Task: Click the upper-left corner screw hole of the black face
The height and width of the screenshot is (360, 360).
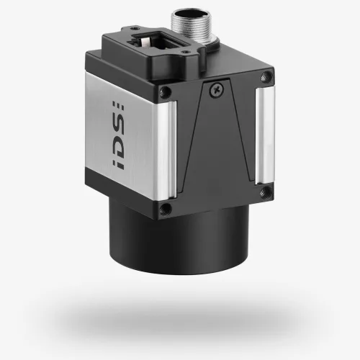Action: click(x=165, y=91)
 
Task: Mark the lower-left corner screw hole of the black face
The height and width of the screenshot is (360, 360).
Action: click(x=166, y=210)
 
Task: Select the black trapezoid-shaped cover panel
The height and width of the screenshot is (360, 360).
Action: click(x=216, y=137)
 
